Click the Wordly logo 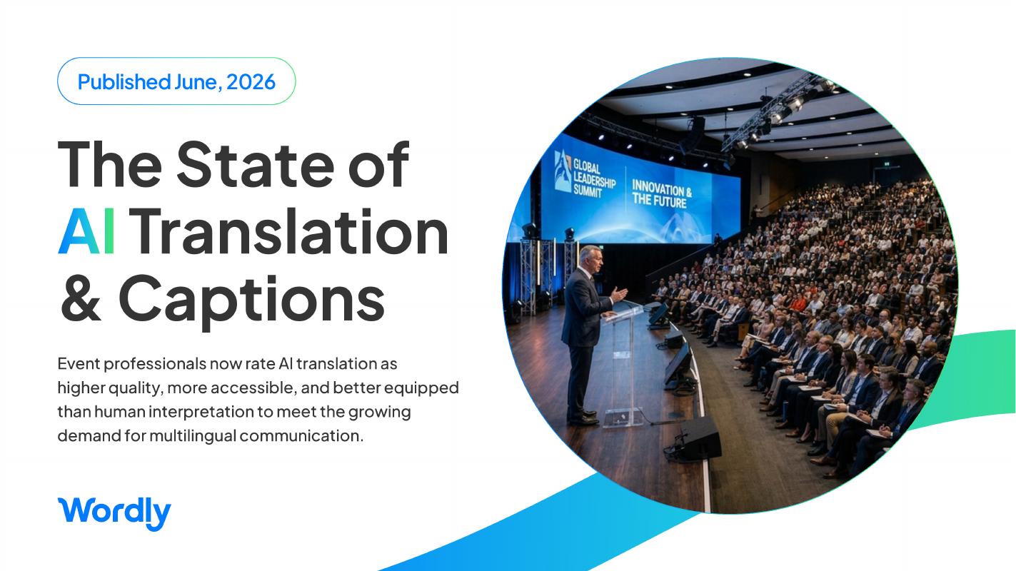(114, 513)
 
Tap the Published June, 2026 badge (176, 81)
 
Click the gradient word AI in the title (86, 231)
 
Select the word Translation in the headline (291, 231)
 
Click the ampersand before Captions (81, 298)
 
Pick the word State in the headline (255, 164)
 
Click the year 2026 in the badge (251, 82)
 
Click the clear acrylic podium (623, 363)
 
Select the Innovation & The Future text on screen (662, 194)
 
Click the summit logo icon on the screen (563, 171)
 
